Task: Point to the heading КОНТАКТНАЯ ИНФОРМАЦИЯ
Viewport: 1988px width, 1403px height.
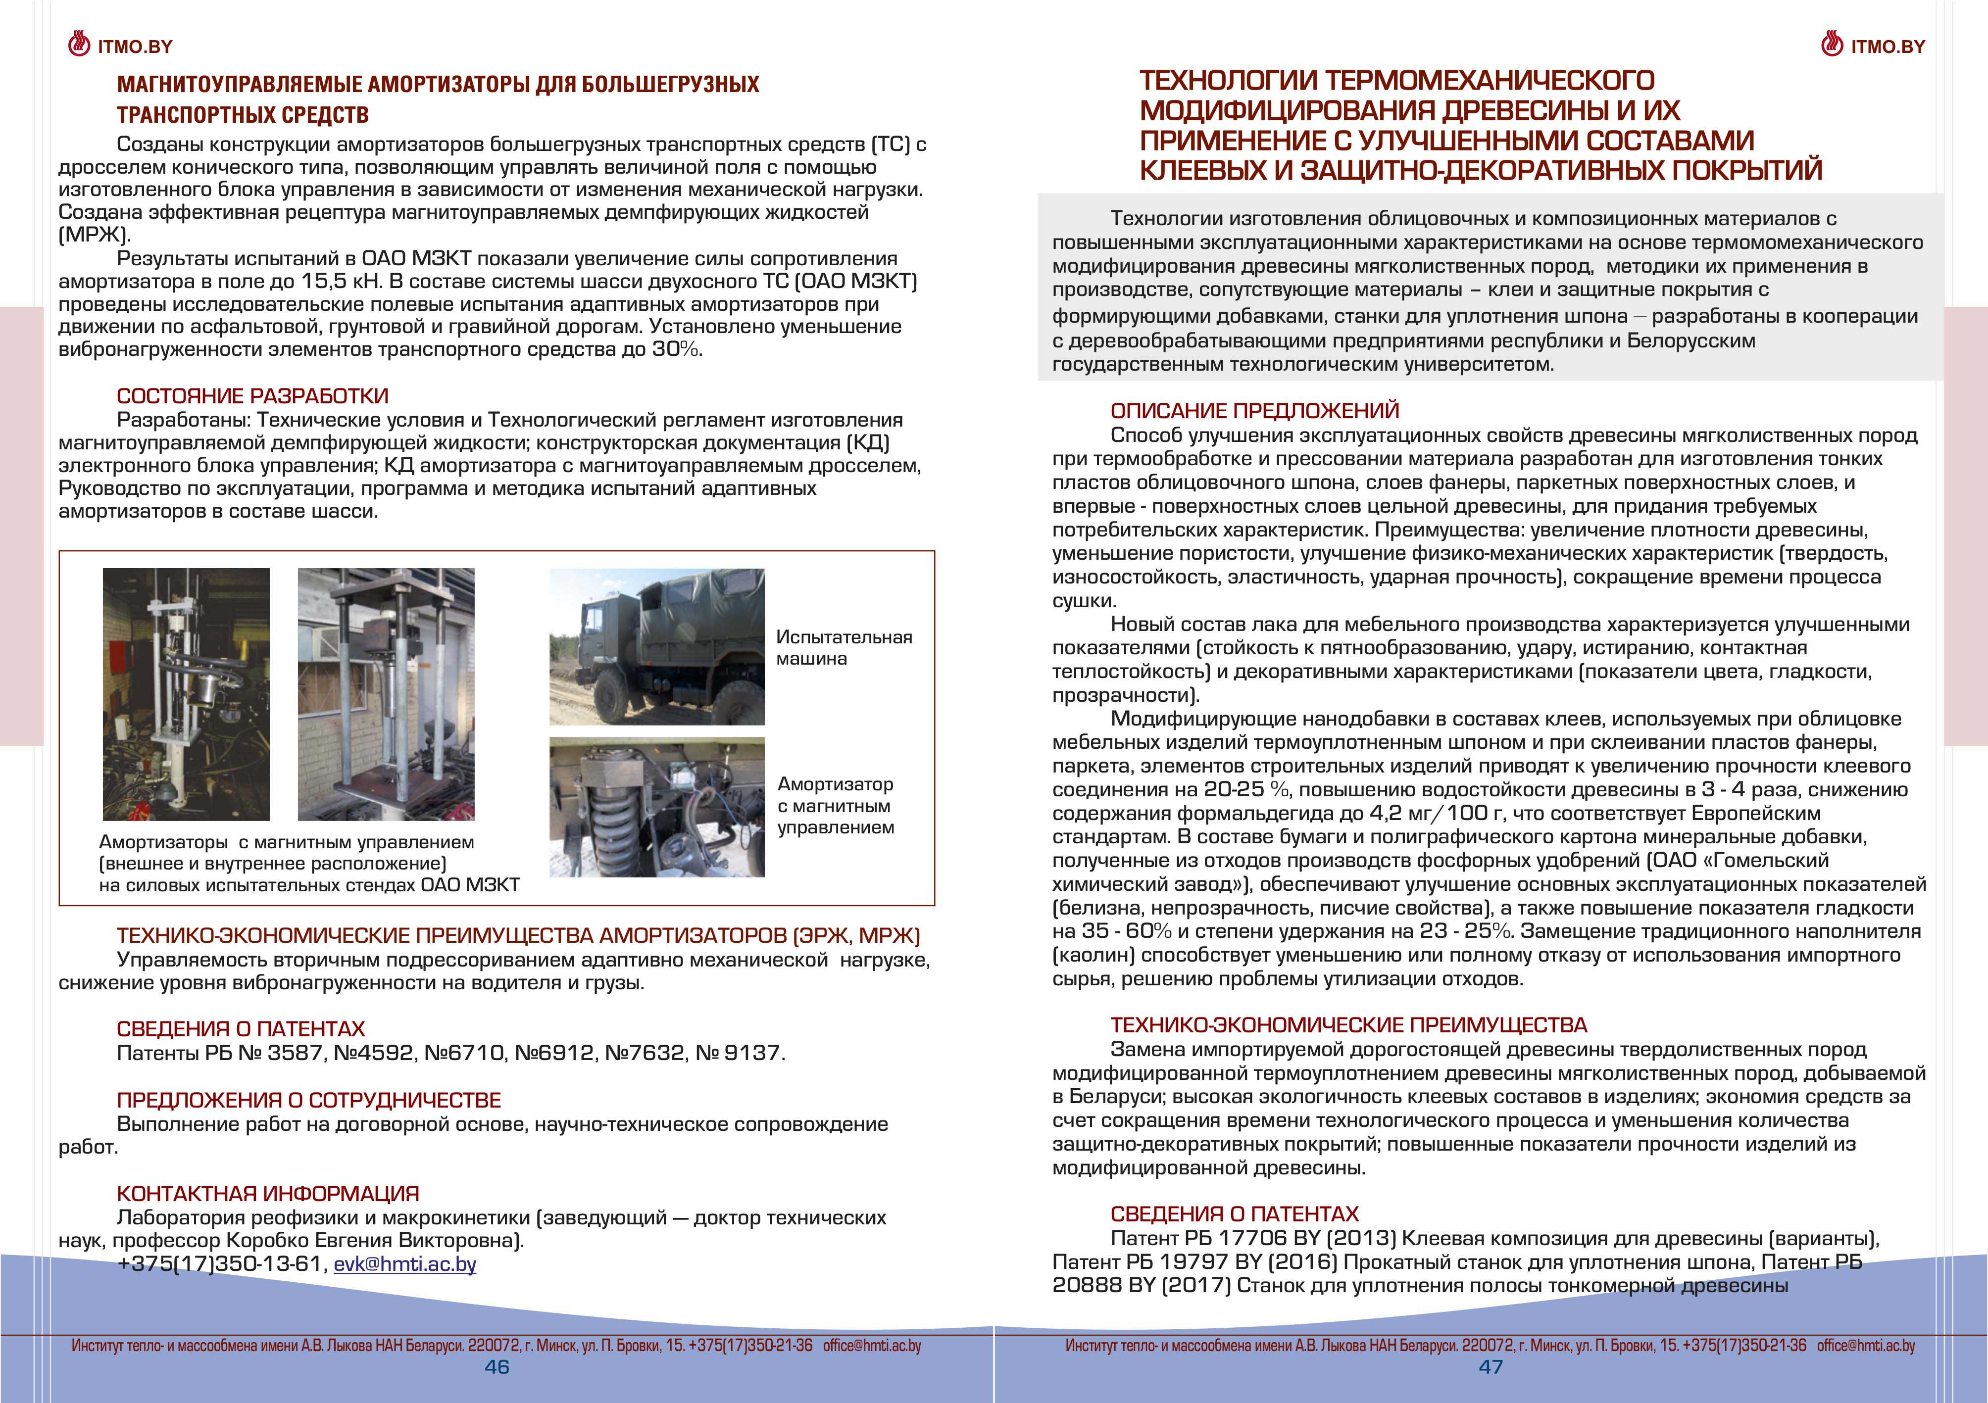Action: coord(267,1194)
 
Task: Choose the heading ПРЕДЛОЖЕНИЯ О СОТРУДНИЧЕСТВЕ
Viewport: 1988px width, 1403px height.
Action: coord(308,1100)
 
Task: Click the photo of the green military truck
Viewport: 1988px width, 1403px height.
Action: coord(656,646)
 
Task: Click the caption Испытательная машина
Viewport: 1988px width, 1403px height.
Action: coord(844,647)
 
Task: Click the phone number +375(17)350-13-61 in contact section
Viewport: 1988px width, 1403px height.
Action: coord(219,1263)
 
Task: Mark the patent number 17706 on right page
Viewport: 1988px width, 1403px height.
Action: coord(1254,1239)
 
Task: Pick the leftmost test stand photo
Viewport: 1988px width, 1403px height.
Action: coord(186,694)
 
